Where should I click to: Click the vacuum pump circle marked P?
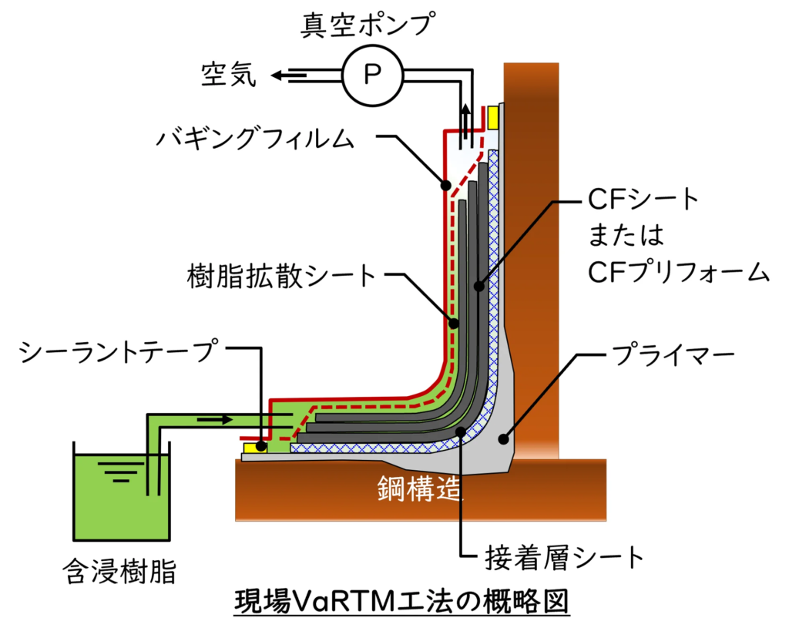click(372, 76)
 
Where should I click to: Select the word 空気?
click(229, 75)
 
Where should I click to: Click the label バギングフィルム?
click(256, 137)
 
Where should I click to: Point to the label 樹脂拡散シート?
click(282, 276)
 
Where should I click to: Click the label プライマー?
click(673, 356)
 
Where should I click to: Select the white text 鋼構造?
click(420, 488)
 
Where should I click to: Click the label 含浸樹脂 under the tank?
click(119, 571)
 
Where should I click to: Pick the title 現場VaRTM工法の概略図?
click(401, 601)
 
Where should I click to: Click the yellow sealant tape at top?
click(493, 118)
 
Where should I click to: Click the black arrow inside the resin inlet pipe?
click(215, 419)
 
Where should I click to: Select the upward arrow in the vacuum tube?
click(466, 123)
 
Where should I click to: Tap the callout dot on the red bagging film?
click(446, 185)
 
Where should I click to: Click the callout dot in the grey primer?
click(502, 439)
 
